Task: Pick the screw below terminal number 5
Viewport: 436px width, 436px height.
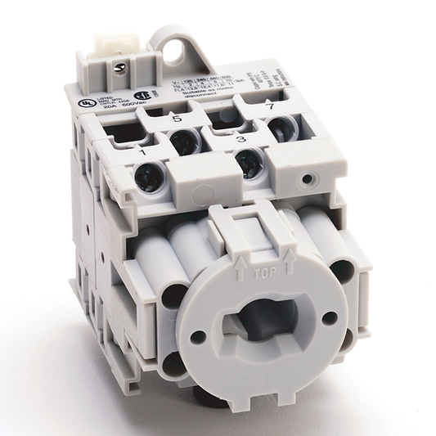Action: (186, 142)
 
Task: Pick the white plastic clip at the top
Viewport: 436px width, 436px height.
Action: (110, 29)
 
